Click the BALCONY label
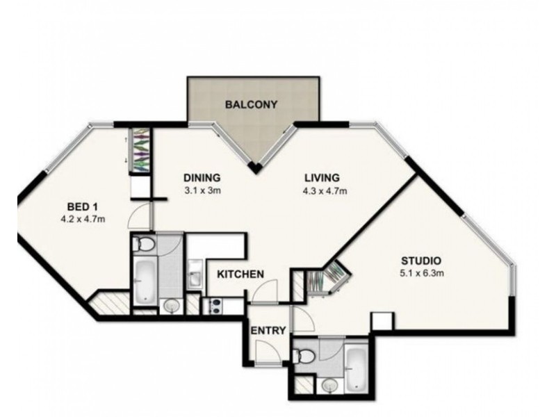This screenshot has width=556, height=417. [251, 106]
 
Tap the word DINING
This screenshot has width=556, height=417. [202, 177]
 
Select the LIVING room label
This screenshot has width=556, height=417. [321, 177]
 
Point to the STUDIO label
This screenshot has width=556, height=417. [421, 261]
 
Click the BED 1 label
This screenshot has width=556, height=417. [82, 207]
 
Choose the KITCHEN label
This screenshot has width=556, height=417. [240, 274]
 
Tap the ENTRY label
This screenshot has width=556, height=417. [268, 331]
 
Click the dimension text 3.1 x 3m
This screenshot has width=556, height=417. [202, 190]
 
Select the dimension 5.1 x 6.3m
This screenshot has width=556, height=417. [421, 273]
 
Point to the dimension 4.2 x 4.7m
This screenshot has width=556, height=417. [82, 220]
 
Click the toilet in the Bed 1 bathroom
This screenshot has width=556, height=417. [145, 245]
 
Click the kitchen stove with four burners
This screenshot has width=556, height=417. [213, 304]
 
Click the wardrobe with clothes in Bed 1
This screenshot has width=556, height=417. [141, 151]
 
